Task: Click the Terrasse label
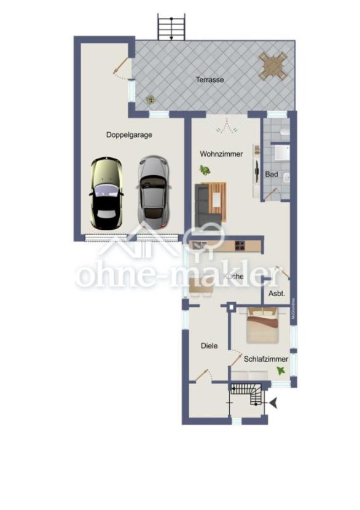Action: [209, 79]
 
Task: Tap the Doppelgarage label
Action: [129, 135]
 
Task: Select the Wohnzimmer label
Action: [221, 154]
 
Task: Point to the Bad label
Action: [271, 175]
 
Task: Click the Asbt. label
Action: [276, 294]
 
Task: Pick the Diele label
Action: [209, 345]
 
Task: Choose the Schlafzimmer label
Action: [265, 359]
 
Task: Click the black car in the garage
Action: [106, 193]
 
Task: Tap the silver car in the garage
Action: [152, 190]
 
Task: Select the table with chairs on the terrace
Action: [273, 66]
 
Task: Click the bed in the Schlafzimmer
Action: [264, 326]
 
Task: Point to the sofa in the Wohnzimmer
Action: [203, 205]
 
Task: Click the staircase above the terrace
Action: [171, 28]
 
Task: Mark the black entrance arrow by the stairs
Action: [273, 403]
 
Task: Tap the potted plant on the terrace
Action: [150, 99]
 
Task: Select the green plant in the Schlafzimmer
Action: [281, 371]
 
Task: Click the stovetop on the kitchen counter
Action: [238, 246]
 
